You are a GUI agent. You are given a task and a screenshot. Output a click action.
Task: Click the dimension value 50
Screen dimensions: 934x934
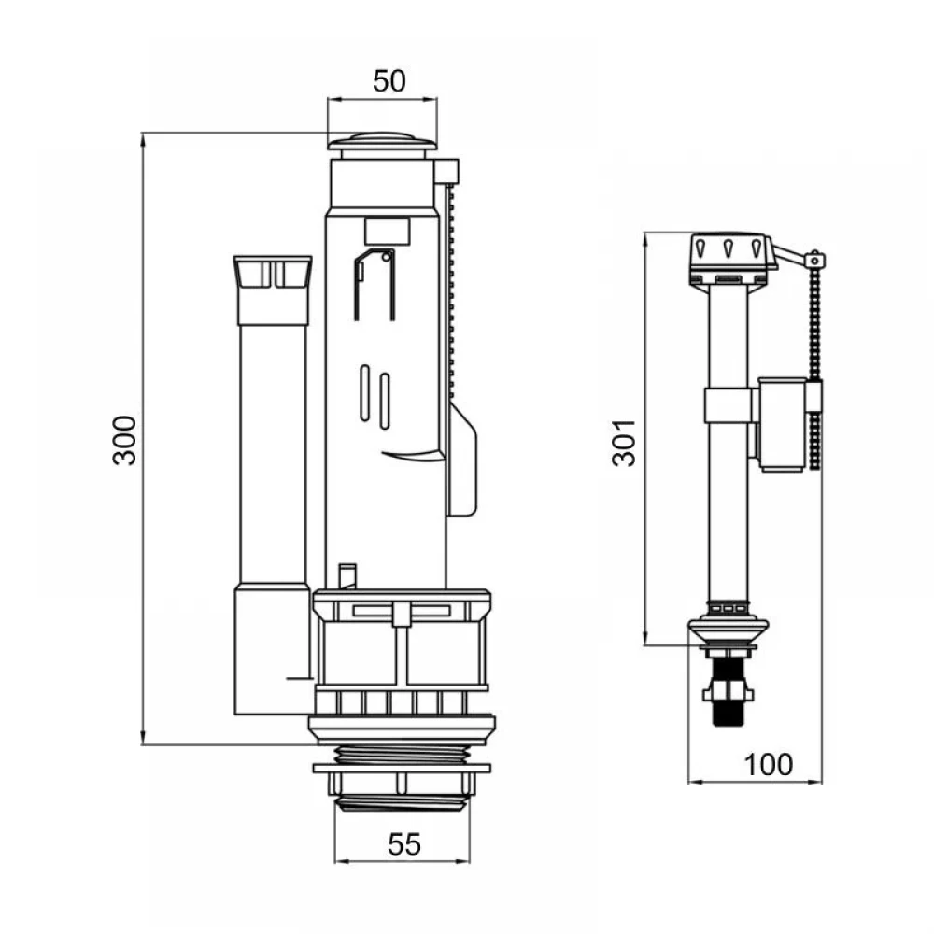click(389, 81)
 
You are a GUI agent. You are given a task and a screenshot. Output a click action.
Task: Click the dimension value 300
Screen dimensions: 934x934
click(125, 440)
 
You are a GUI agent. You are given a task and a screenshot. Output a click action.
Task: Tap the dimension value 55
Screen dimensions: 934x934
click(403, 844)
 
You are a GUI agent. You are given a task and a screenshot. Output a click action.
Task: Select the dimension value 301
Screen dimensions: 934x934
click(625, 443)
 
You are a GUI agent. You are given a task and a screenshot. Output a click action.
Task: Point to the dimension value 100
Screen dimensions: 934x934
click(769, 765)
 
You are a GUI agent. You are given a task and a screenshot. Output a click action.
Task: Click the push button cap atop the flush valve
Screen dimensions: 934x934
click(382, 142)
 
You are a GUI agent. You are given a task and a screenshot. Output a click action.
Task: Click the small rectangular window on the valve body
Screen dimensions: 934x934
click(387, 232)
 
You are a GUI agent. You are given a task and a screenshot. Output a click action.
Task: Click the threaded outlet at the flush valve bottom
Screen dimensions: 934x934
click(402, 777)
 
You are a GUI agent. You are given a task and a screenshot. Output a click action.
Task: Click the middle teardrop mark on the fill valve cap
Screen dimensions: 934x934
click(728, 246)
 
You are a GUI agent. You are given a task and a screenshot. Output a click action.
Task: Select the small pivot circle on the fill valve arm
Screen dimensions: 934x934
click(814, 260)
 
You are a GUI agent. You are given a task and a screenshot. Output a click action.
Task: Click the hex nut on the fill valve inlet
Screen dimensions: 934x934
click(728, 692)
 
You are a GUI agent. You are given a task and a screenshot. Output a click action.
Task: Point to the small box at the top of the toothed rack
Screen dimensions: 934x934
click(446, 171)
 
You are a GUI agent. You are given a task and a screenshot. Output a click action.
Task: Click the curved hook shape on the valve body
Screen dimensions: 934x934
click(412, 456)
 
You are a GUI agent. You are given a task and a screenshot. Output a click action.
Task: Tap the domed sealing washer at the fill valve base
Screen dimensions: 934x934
click(728, 629)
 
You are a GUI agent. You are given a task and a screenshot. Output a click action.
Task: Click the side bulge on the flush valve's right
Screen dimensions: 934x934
click(463, 459)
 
